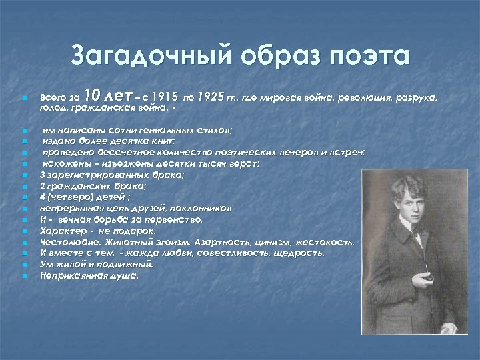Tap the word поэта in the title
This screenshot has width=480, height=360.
(x=368, y=56)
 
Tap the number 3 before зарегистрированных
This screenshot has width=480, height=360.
(x=43, y=175)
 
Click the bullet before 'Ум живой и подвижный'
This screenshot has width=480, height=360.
(x=23, y=265)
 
